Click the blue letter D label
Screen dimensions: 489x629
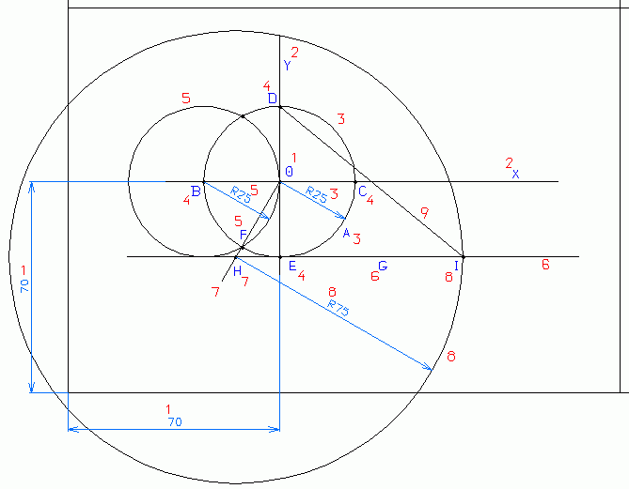point(273,98)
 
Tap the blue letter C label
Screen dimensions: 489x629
point(361,191)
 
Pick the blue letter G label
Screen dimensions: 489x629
point(383,267)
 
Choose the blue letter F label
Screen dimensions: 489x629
point(243,234)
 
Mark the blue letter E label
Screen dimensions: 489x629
point(292,267)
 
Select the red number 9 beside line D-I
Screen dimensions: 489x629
point(424,214)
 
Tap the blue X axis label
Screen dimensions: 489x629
point(515,174)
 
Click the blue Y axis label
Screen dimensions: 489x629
point(287,66)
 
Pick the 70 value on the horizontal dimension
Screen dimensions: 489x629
point(174,422)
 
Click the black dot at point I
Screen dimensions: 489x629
point(463,256)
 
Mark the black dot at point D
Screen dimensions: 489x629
point(280,106)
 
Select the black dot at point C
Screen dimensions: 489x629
point(355,181)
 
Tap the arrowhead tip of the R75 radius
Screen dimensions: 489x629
point(432,370)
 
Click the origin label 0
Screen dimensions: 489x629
point(289,172)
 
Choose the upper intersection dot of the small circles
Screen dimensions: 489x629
point(243,116)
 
